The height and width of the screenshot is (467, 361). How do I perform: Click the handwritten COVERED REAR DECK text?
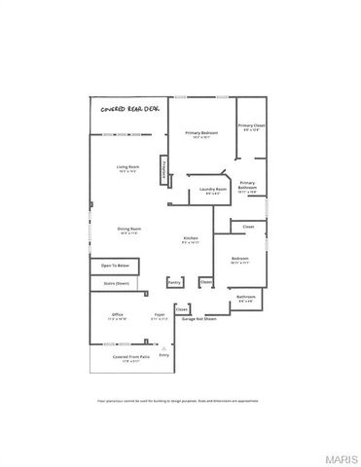129,110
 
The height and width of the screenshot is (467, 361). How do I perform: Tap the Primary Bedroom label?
201,133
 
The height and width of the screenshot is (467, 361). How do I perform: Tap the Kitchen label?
191,239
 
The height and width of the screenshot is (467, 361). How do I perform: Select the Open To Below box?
114,265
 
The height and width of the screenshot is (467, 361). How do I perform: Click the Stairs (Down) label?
116,283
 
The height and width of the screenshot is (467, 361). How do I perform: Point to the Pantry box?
174,282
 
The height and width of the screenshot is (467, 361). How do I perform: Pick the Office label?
117,315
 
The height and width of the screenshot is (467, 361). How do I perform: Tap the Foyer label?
160,315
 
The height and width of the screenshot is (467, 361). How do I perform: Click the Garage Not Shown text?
199,318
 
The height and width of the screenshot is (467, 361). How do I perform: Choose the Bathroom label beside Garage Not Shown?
246,298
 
